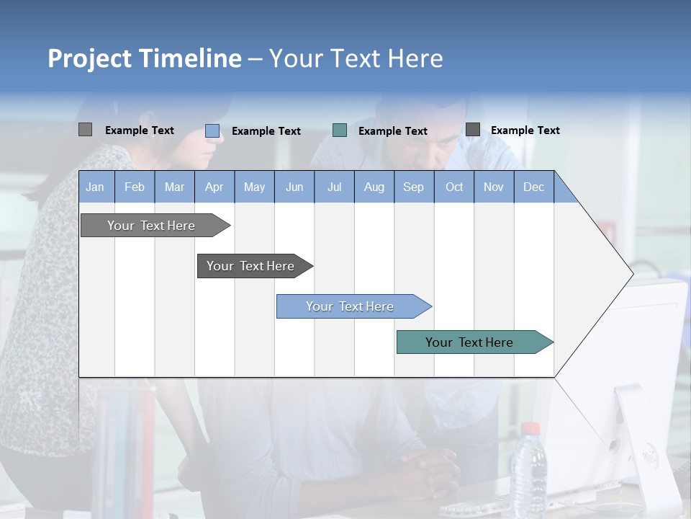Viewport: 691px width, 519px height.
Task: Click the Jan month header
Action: [96, 187]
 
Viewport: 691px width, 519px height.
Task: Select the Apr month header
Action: [214, 187]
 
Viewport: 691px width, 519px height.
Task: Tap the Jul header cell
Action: [334, 187]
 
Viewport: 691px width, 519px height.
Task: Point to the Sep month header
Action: [414, 187]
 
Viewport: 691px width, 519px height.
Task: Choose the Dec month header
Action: [533, 187]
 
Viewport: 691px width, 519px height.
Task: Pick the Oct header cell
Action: [454, 187]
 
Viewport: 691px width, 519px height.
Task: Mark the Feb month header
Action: [135, 187]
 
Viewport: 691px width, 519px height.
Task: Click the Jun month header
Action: [294, 187]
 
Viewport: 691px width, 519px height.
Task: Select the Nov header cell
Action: [494, 187]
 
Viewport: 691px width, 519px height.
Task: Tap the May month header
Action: [254, 187]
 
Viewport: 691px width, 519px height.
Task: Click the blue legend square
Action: [212, 130]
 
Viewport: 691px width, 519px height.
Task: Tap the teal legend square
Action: [340, 130]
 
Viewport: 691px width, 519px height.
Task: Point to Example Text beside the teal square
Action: [393, 131]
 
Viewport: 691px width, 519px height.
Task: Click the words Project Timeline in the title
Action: [145, 58]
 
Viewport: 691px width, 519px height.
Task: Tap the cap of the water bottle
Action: [530, 429]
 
